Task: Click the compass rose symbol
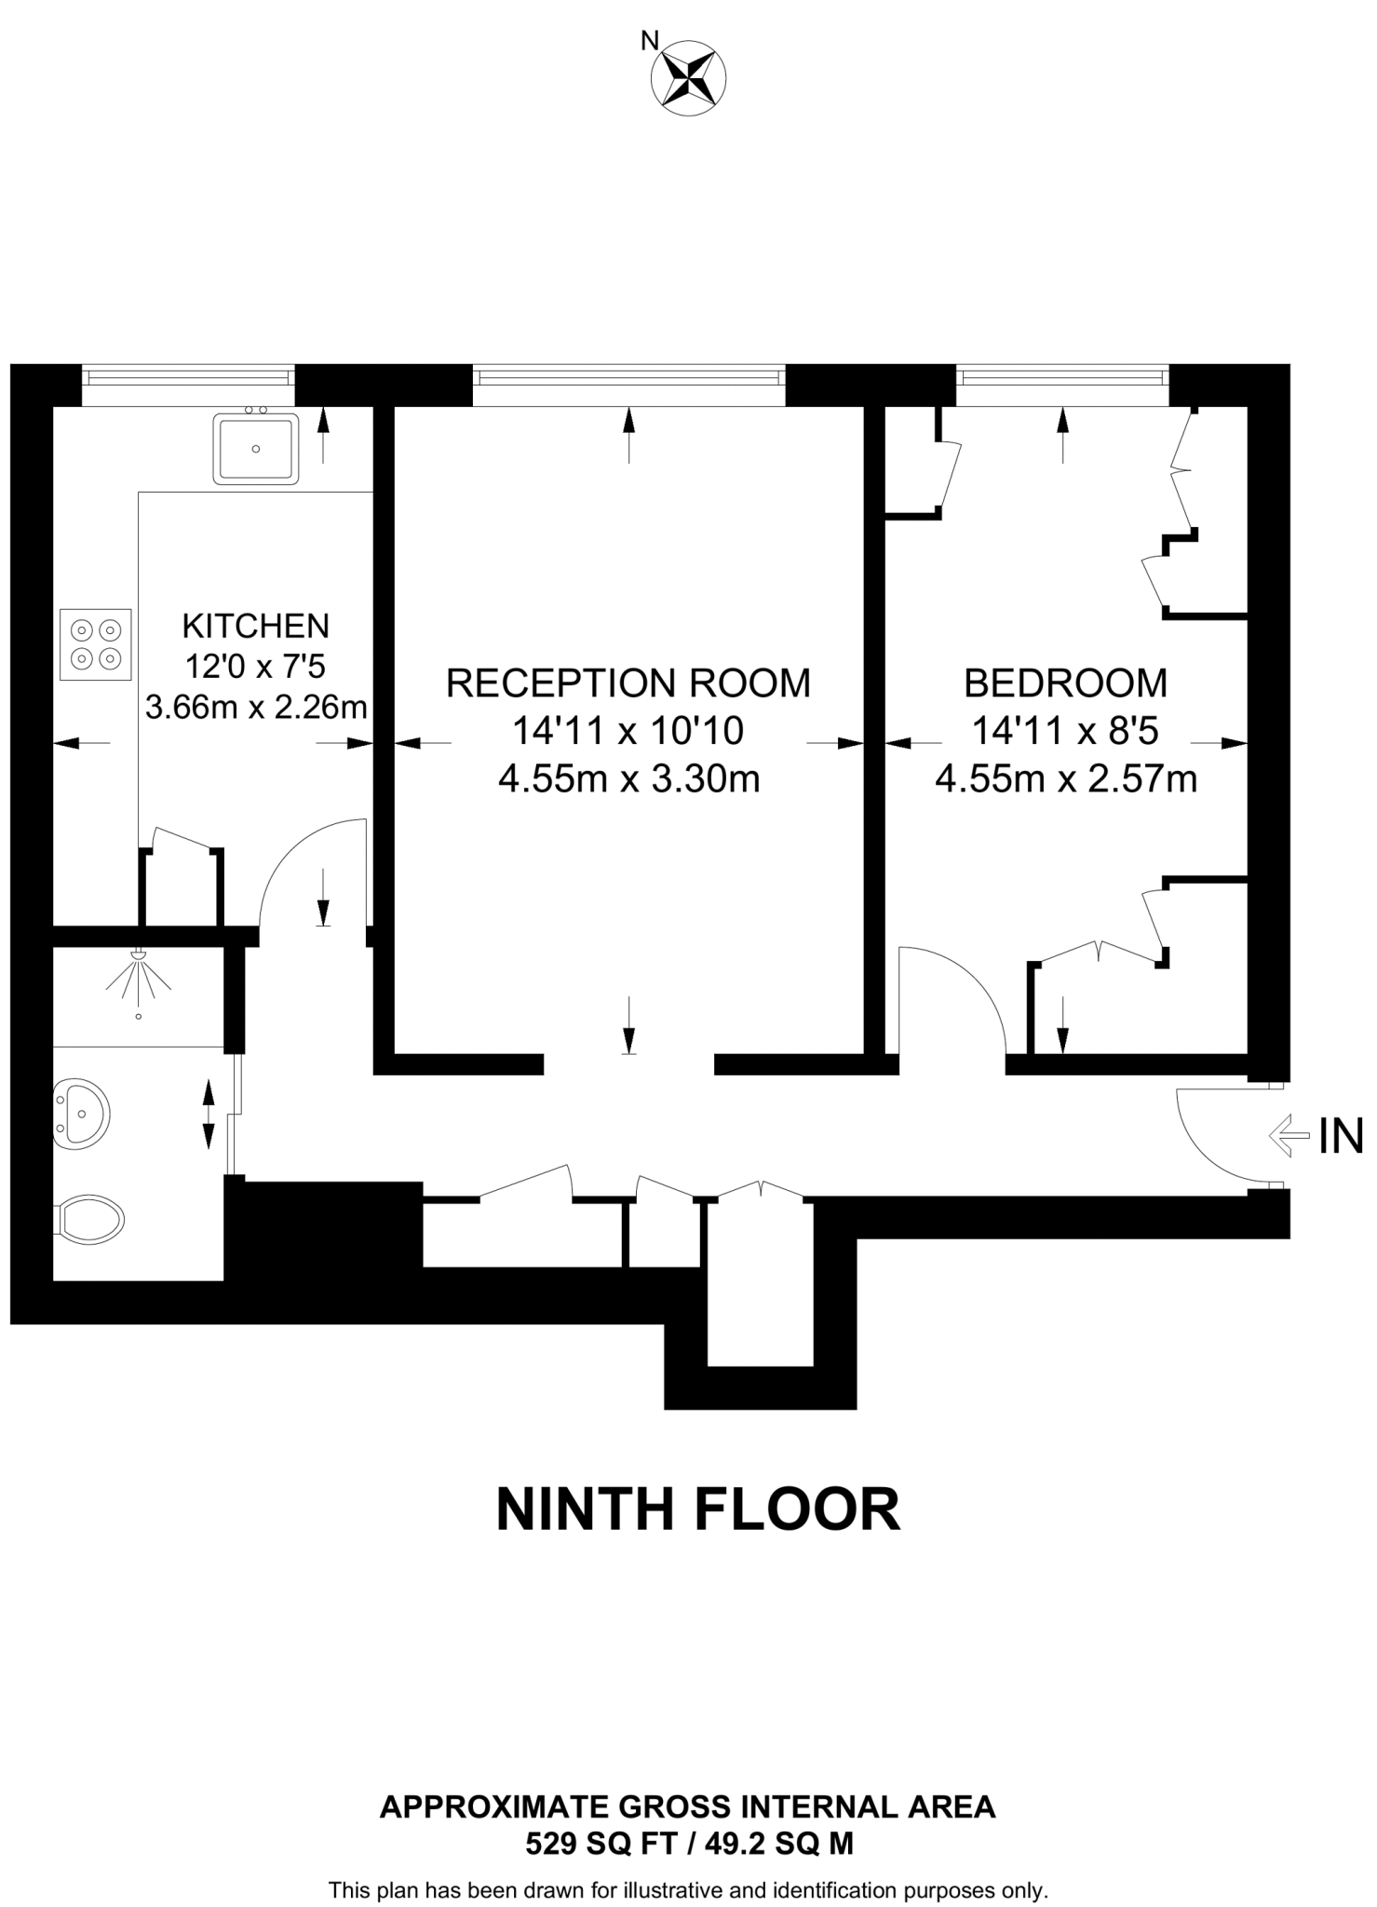688,79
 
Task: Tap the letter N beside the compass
650,41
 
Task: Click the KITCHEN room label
256,625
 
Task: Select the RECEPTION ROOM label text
628,683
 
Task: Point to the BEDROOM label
1065,683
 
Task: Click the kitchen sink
256,449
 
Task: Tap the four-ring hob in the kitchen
96,644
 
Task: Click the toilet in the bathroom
90,1218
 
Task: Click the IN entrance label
1341,1136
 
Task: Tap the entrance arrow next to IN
1289,1136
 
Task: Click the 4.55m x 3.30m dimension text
628,778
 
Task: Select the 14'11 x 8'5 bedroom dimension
1065,731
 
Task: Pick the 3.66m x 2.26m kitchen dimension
256,708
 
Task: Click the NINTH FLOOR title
698,1509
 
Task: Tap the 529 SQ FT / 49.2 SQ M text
689,1842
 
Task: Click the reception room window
628,376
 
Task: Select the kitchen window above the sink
188,376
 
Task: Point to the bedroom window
1062,376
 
